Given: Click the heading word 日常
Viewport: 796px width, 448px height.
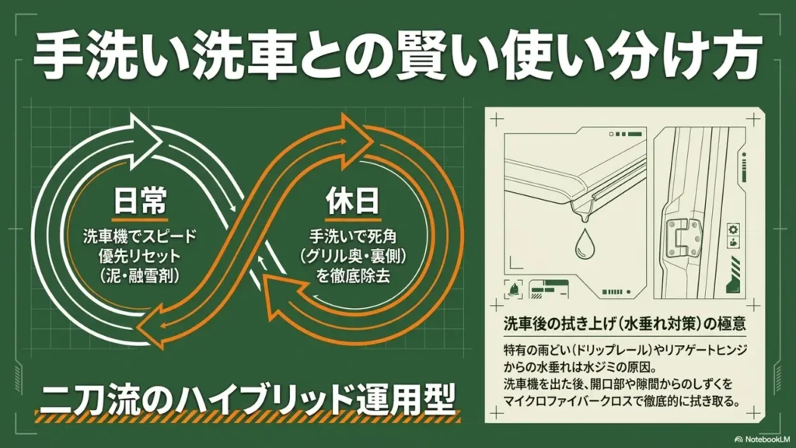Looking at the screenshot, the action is pyautogui.click(x=140, y=201).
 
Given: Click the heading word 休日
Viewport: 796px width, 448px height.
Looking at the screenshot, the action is pyautogui.click(x=352, y=201).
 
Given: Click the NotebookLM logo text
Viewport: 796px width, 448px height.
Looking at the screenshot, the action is pyautogui.click(x=766, y=439).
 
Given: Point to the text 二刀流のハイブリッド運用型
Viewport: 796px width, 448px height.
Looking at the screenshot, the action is pyautogui.click(x=247, y=399).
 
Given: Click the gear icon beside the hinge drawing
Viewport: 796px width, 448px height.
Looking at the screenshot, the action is pyautogui.click(x=734, y=229).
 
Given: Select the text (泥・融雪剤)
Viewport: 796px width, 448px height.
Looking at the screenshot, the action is pyautogui.click(x=140, y=276).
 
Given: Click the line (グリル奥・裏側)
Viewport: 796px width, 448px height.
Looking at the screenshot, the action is pyautogui.click(x=352, y=257).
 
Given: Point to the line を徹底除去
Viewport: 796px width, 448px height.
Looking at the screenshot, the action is pyautogui.click(x=352, y=276).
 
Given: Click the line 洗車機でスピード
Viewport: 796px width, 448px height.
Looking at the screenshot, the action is pyautogui.click(x=140, y=236).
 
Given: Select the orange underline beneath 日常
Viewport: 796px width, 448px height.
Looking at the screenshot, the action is pyautogui.click(x=140, y=220).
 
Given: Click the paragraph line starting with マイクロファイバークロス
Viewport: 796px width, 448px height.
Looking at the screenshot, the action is pyautogui.click(x=621, y=402).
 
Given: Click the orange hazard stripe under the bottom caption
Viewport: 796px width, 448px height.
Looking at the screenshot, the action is pyautogui.click(x=247, y=417).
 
